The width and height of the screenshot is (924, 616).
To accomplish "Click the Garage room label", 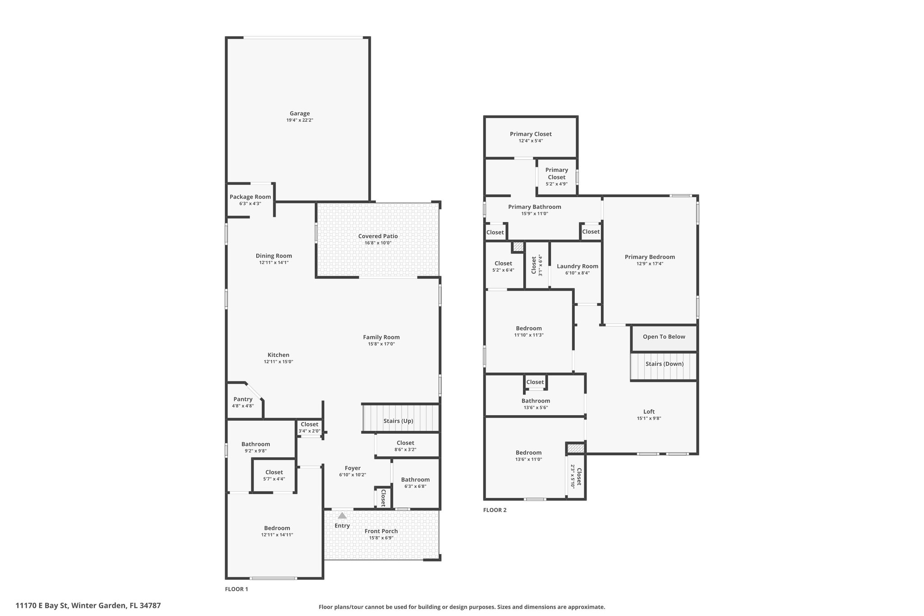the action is [300, 114].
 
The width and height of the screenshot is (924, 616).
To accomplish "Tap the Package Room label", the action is [250, 197].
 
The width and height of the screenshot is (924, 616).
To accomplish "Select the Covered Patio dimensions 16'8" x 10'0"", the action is [378, 243].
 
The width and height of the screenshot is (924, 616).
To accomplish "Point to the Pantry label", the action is [243, 399].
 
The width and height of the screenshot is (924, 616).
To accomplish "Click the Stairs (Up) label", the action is [398, 421].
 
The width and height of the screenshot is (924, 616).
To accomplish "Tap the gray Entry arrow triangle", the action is [342, 515].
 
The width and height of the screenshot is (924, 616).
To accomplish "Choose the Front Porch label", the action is [381, 531].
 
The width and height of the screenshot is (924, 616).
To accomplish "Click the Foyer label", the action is [353, 468].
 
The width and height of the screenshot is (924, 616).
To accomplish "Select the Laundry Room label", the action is [577, 266].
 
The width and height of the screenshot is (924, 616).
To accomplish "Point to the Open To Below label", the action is [664, 337].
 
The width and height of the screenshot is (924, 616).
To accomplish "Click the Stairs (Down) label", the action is [665, 364].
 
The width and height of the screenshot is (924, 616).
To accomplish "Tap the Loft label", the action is [649, 412].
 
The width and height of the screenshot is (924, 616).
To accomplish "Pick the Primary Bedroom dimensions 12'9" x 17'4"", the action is [650, 264].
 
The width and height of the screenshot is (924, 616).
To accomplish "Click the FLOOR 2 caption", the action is [495, 510].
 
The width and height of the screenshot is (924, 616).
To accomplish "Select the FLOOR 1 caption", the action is [236, 589].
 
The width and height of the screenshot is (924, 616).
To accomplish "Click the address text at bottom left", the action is [88, 605].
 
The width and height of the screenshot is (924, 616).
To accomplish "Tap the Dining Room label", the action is [274, 256].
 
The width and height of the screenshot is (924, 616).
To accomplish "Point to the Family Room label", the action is [381, 337].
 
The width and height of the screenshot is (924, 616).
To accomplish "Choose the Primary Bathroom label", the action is [535, 207].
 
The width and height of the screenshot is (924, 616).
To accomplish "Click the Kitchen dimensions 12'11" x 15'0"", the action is [279, 361].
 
